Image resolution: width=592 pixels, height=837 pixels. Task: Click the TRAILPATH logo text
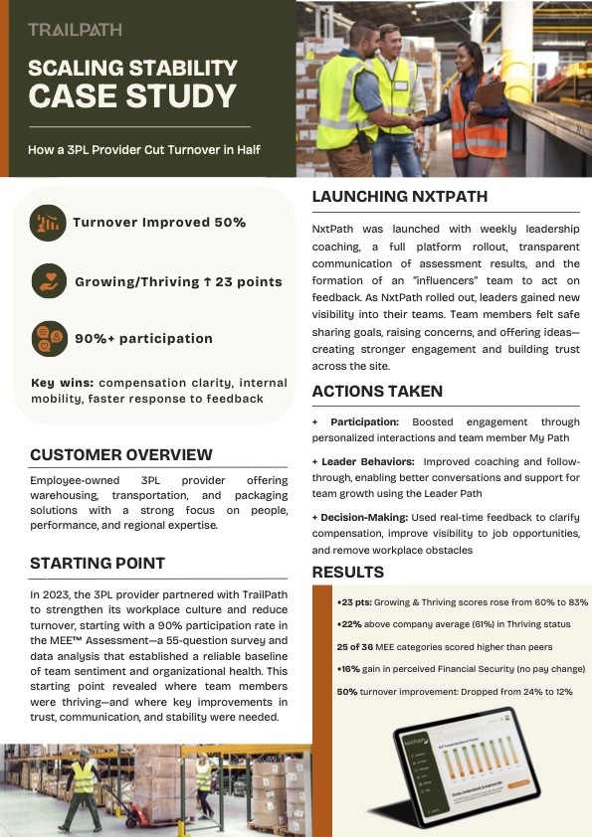(76, 30)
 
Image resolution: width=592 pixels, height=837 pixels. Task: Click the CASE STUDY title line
(133, 97)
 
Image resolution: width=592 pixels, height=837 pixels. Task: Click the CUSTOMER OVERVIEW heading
(121, 454)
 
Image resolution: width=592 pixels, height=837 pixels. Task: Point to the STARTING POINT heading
(98, 563)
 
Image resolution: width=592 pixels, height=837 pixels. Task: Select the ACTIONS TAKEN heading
(377, 391)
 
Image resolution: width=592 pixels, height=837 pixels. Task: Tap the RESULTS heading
(348, 572)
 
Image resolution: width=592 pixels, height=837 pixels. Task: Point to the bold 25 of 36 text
(355, 647)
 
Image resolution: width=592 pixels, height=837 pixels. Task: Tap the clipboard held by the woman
(489, 92)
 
